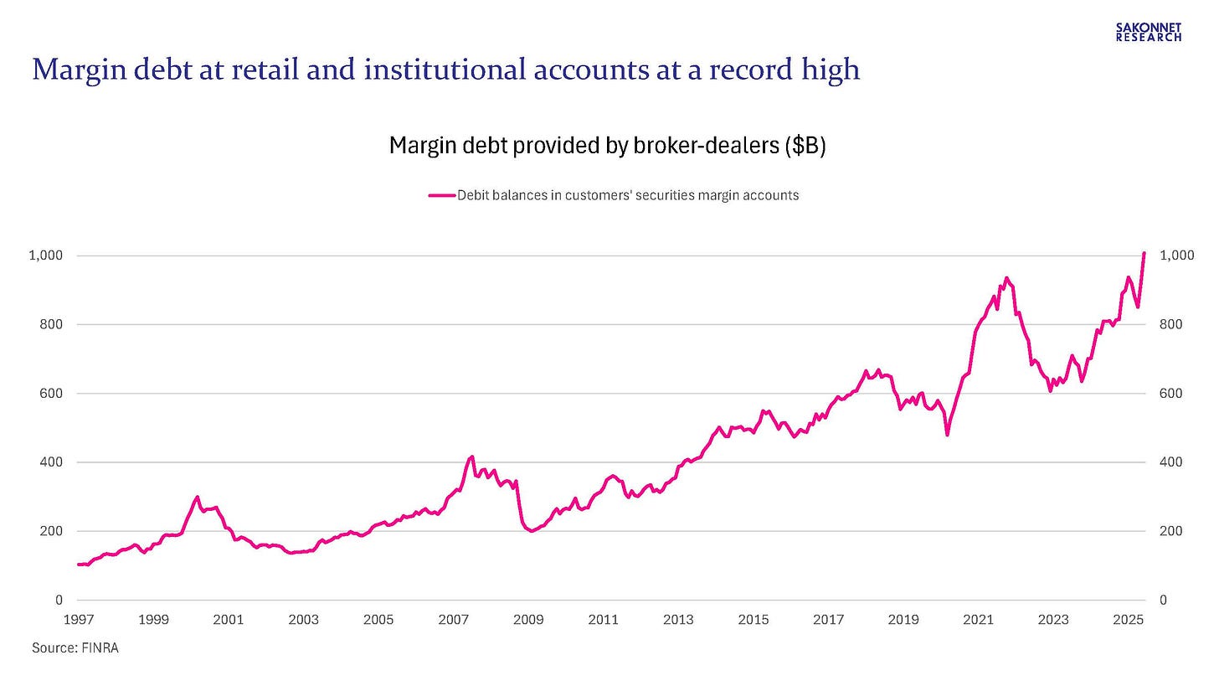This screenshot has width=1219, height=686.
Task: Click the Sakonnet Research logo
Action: point(1149,32)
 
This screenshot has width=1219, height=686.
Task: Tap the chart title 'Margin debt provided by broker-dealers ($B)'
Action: point(608,146)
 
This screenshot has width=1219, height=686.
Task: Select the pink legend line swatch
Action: point(441,195)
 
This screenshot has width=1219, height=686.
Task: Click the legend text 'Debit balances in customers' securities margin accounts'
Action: point(627,195)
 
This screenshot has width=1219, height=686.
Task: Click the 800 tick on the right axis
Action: point(1170,324)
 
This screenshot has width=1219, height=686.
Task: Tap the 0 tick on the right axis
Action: point(1163,601)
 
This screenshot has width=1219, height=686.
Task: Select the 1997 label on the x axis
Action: point(78,621)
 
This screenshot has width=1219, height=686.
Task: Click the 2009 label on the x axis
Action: point(527,621)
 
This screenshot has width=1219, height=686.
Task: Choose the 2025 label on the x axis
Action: point(1128,621)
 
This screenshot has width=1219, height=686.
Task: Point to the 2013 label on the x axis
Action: point(678,621)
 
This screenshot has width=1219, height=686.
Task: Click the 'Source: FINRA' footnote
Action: point(75,648)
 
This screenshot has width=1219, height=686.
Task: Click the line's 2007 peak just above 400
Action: point(472,456)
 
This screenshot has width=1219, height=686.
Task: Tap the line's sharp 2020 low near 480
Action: point(947,435)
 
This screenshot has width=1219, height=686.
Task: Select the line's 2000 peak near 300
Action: point(198,497)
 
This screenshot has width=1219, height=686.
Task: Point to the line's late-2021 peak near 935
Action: point(1006,278)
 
